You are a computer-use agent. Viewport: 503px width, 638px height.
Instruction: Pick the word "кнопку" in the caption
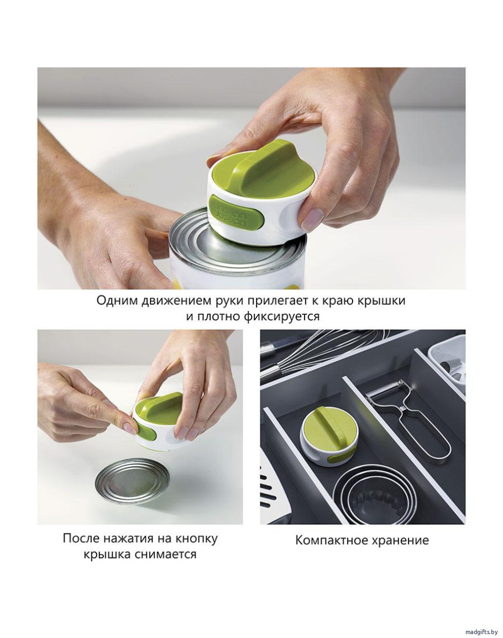[196, 539]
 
